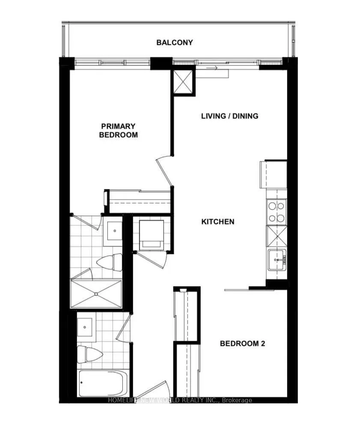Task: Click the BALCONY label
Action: (174, 42)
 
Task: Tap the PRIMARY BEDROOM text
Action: (118, 130)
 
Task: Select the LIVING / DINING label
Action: (230, 116)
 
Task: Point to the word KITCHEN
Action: (218, 221)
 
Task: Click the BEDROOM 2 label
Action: (242, 343)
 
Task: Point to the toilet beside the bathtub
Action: (89, 354)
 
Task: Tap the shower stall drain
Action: (96, 294)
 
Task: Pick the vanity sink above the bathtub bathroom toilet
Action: (85, 327)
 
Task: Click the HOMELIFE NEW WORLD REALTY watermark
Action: (180, 400)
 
